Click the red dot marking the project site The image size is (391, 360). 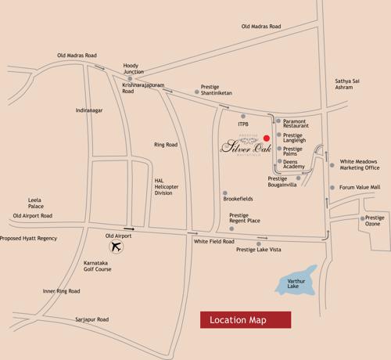(x=266, y=138)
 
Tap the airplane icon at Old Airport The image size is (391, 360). (x=117, y=247)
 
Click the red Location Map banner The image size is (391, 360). (x=245, y=319)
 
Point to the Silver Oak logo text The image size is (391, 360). (x=242, y=146)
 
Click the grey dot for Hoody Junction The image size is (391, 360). (x=130, y=78)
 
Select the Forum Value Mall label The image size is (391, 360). (x=360, y=187)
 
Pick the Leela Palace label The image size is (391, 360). (x=35, y=203)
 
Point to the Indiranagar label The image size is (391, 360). (x=89, y=110)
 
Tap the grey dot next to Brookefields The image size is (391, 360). (x=224, y=193)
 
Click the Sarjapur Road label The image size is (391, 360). (x=91, y=319)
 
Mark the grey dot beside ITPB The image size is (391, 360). (x=243, y=116)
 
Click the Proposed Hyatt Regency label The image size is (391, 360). (x=29, y=238)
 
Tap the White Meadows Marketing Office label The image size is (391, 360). (x=360, y=164)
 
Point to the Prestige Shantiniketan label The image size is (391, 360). (x=216, y=90)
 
